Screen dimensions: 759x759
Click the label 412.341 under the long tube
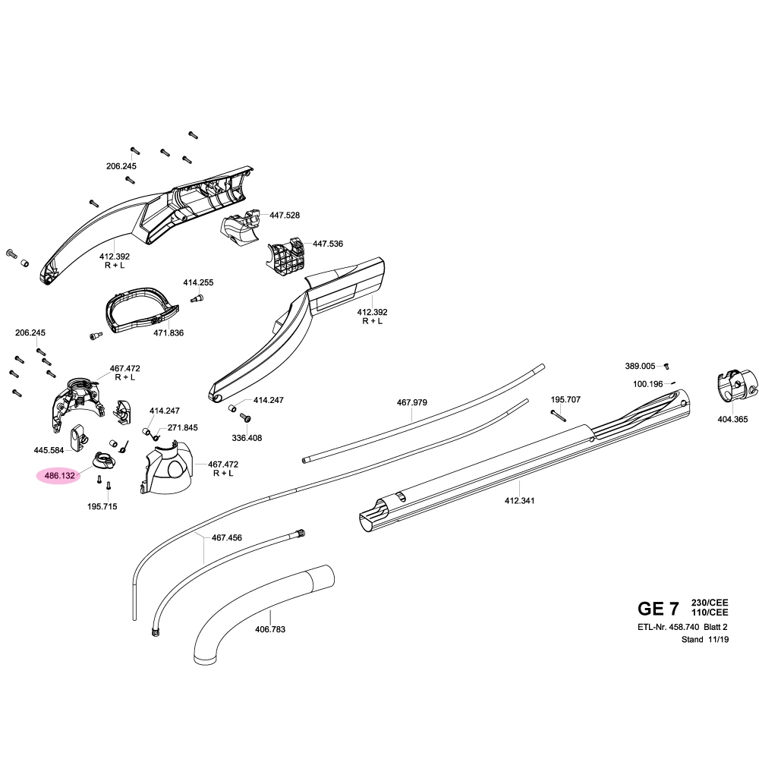coord(519,501)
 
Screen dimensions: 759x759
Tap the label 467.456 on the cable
coord(226,537)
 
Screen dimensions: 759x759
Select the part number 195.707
coord(565,398)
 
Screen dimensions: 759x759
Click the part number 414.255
coord(198,282)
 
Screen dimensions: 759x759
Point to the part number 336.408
coord(247,438)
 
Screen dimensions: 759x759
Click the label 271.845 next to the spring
coord(182,428)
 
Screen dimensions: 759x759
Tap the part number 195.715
coord(102,505)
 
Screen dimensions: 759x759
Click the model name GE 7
coord(659,609)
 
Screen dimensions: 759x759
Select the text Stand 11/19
coord(704,640)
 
